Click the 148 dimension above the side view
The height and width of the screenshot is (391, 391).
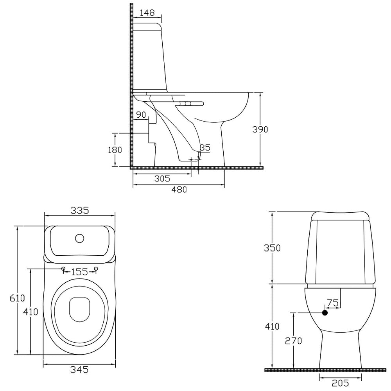pyautogui.click(x=147, y=13)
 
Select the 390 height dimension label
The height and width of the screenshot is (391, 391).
pyautogui.click(x=260, y=129)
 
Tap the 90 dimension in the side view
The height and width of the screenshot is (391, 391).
pyautogui.click(x=141, y=115)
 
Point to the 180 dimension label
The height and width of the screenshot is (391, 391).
pyautogui.click(x=115, y=150)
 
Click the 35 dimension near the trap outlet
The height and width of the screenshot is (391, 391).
pyautogui.click(x=205, y=148)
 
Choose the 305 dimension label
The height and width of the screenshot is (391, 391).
pyautogui.click(x=162, y=179)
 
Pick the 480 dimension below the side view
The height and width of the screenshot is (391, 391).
pyautogui.click(x=179, y=190)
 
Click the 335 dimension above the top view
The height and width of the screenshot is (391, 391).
pyautogui.click(x=80, y=210)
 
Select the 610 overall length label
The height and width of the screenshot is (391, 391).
pyautogui.click(x=17, y=298)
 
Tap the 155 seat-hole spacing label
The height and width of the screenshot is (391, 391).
pyautogui.click(x=79, y=272)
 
